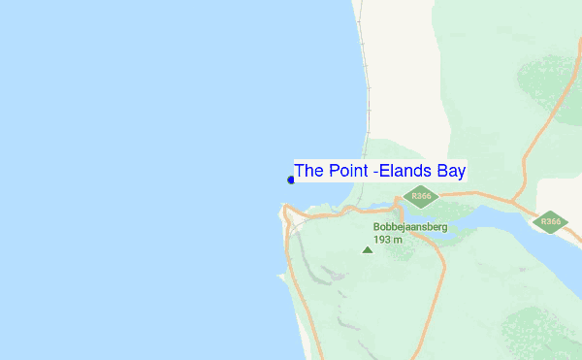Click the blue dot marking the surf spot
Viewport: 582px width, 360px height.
click(x=291, y=180)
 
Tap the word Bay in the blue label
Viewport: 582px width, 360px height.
click(x=451, y=171)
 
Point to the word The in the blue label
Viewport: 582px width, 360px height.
click(x=308, y=171)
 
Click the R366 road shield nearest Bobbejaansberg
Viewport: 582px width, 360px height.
click(x=421, y=197)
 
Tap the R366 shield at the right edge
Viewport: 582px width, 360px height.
click(x=551, y=222)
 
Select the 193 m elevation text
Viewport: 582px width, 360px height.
click(x=388, y=239)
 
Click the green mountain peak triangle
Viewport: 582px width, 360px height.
click(x=367, y=250)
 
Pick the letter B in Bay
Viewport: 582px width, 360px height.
click(x=440, y=171)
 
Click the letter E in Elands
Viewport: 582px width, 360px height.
click(x=384, y=171)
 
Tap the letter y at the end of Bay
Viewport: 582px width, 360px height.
click(x=461, y=173)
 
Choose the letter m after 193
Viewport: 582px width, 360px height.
click(x=399, y=240)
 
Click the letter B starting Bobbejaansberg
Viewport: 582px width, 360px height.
click(x=376, y=227)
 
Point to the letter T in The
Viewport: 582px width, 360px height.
click(x=300, y=171)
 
